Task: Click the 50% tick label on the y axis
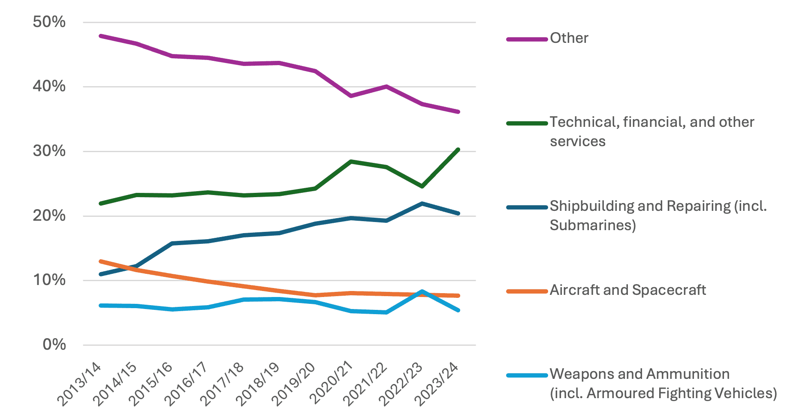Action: [x=49, y=22]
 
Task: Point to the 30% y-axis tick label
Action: [x=49, y=151]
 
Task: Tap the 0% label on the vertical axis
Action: [x=54, y=345]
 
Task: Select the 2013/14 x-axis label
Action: [x=80, y=384]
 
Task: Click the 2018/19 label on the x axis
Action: [x=258, y=384]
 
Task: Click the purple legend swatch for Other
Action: [x=527, y=39]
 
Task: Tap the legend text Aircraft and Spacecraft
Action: [x=627, y=290]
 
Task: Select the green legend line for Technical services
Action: [x=527, y=123]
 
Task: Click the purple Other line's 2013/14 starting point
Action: [x=100, y=36]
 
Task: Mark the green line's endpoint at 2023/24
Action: [x=458, y=150]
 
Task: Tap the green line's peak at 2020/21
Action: [x=351, y=162]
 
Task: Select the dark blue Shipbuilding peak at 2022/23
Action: [x=422, y=204]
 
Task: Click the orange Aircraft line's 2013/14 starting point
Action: [x=100, y=261]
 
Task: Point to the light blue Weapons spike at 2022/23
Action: [x=422, y=291]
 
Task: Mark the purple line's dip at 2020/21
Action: [x=351, y=96]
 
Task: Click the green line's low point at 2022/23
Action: [x=422, y=186]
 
